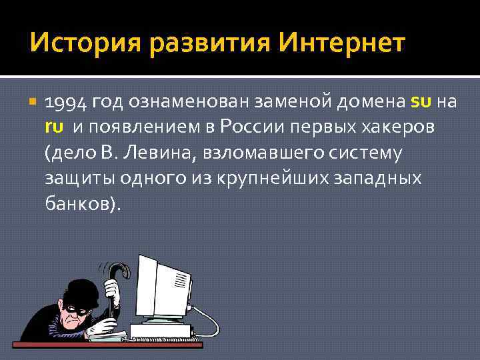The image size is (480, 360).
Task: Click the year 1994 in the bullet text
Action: tap(65, 103)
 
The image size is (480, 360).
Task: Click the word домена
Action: tap(369, 103)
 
